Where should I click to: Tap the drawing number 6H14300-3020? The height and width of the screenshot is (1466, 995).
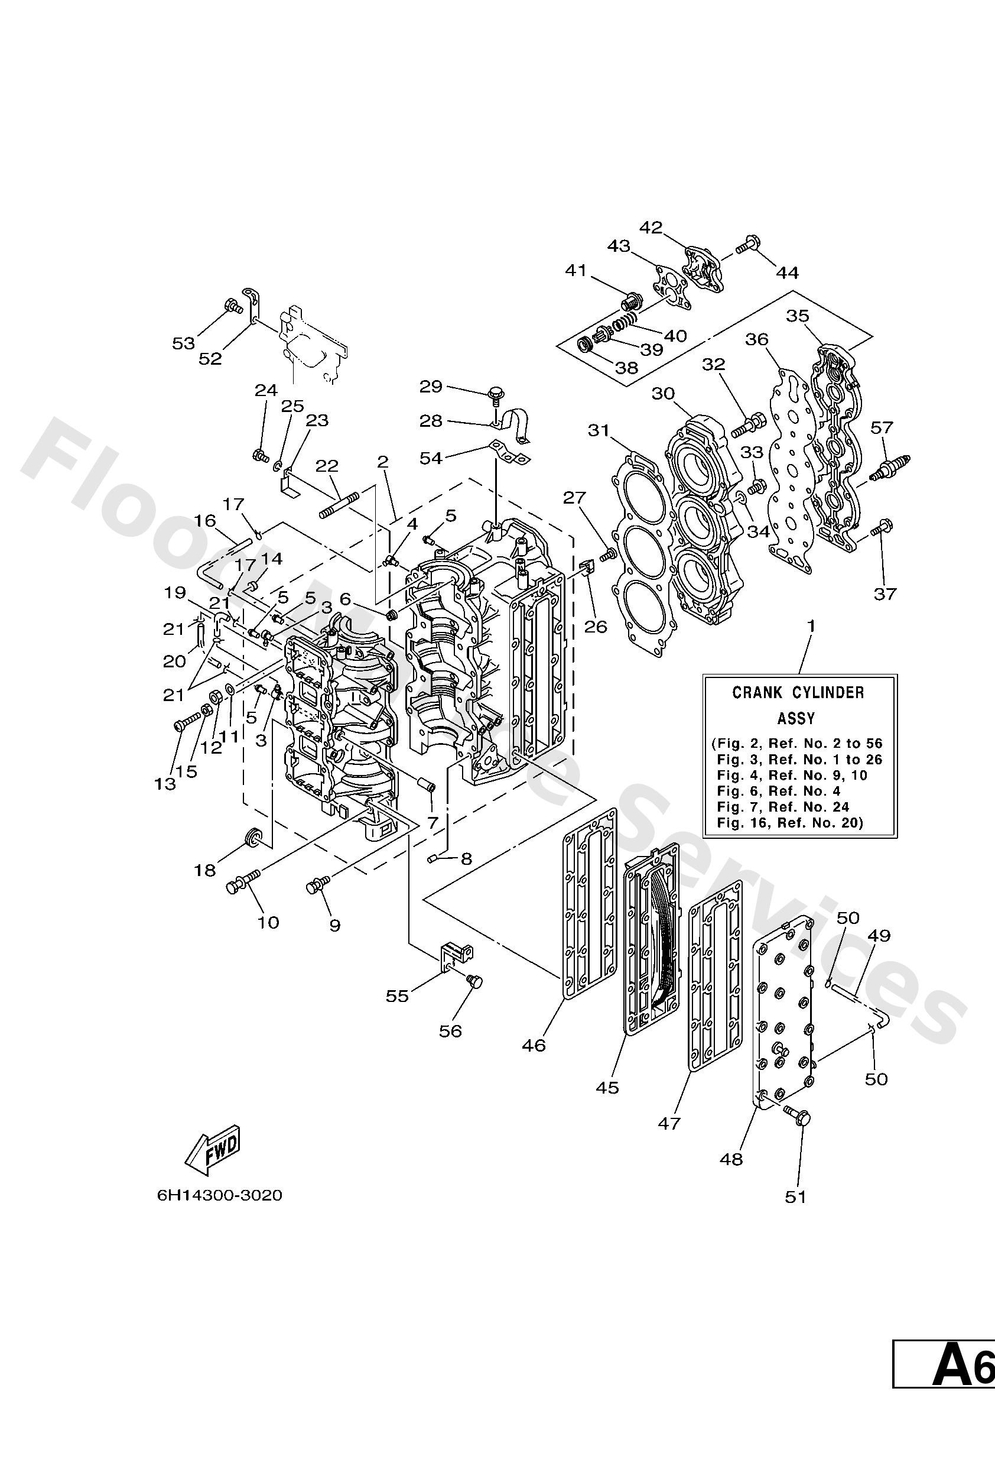coord(219,1195)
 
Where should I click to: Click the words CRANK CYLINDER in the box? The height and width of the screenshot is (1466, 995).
coord(798,693)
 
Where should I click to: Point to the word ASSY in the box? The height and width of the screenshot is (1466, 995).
coord(796,718)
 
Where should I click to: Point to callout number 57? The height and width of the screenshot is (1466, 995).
coord(882,428)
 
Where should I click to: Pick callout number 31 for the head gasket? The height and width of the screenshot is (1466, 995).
coord(599,431)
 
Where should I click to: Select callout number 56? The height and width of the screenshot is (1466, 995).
coord(451,1031)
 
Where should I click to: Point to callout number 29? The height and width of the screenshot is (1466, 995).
coord(431,387)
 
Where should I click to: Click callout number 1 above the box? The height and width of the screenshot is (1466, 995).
coord(811,627)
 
